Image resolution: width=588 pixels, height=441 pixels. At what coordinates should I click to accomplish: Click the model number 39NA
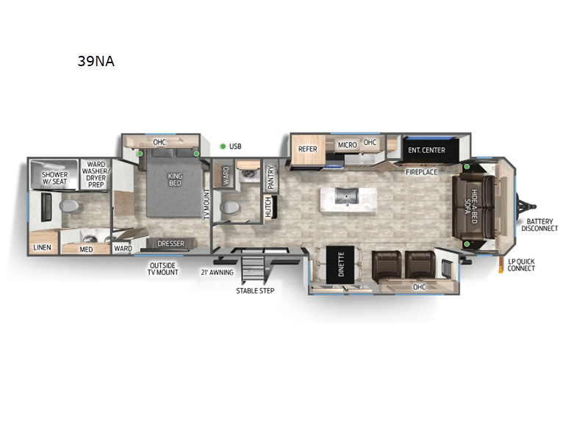click(96, 62)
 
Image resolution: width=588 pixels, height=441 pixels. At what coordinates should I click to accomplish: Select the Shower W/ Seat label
click(54, 179)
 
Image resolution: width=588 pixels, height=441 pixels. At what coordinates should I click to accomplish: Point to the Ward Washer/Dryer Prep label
click(96, 174)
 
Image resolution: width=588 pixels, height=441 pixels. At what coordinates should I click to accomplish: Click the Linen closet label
click(43, 248)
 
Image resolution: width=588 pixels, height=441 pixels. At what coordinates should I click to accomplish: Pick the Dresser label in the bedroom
click(171, 243)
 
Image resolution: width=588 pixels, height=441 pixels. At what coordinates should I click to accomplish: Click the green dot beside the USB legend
click(222, 146)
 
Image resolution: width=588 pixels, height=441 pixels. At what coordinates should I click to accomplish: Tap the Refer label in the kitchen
click(307, 149)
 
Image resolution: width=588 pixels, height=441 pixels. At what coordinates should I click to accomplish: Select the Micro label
click(347, 145)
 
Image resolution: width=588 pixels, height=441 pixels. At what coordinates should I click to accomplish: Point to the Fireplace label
click(422, 172)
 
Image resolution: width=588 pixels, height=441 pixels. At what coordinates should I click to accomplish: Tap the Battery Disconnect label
click(541, 225)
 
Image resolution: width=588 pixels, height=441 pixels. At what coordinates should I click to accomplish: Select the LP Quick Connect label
click(521, 265)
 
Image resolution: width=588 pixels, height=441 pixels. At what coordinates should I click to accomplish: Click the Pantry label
click(270, 178)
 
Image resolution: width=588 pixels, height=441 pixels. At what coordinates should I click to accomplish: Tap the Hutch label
click(268, 207)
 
